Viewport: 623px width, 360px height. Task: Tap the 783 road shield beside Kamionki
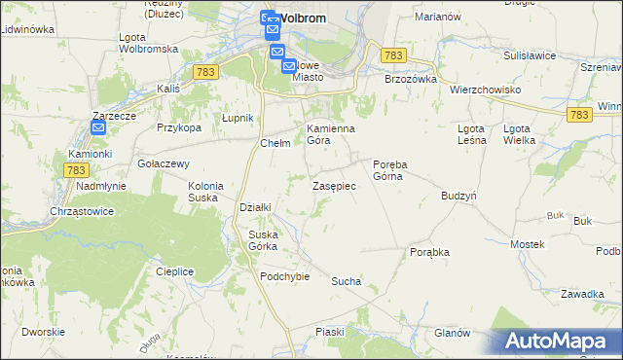pyautogui.click(x=76, y=169)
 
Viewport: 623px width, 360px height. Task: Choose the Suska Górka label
pyautogui.click(x=263, y=239)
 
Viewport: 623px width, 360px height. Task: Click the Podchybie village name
pyautogui.click(x=284, y=275)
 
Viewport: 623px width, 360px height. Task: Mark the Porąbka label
pyautogui.click(x=429, y=251)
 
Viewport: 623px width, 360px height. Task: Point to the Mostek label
pyautogui.click(x=527, y=243)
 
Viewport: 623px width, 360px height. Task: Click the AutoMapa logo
pyautogui.click(x=559, y=342)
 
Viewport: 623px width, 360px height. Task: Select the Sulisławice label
pyautogui.click(x=529, y=57)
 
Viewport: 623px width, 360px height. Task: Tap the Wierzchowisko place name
pyautogui.click(x=485, y=89)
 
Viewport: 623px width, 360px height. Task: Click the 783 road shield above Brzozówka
pyautogui.click(x=393, y=57)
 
